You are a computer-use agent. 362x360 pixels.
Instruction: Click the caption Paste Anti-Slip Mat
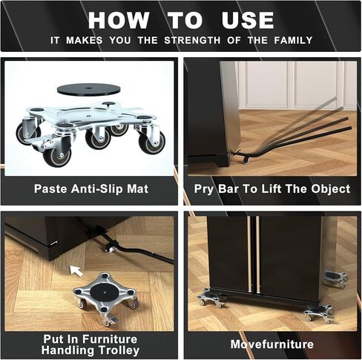[x=90, y=189]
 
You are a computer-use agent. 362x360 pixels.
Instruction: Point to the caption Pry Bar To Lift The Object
[x=271, y=189]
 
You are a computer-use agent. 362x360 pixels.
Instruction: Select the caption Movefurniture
[x=271, y=344]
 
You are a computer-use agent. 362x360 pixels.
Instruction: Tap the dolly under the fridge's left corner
[x=212, y=299]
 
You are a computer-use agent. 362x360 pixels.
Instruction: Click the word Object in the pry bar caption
[x=332, y=189]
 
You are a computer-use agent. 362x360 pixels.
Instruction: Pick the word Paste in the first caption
[x=50, y=189]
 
